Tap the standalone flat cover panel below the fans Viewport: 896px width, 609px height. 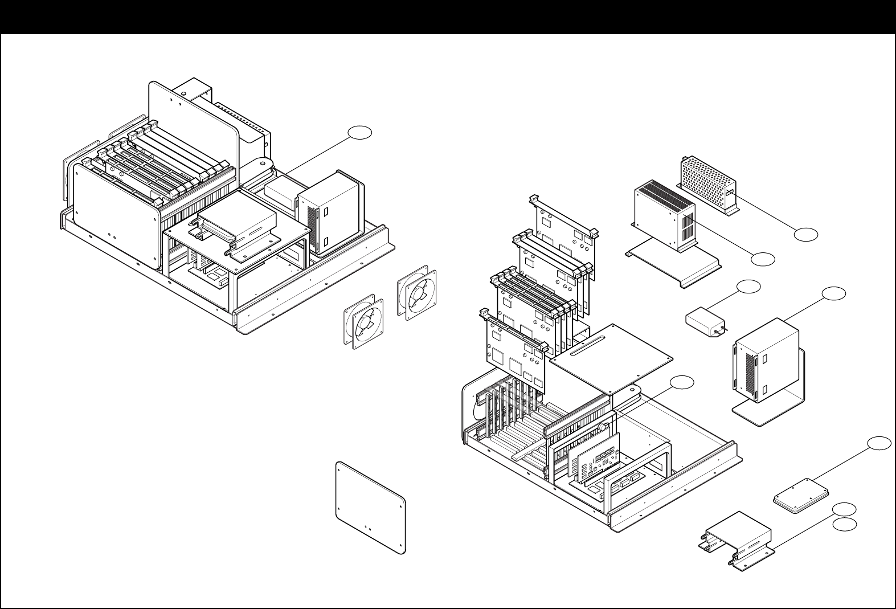tap(371, 507)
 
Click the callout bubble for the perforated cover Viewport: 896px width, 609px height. tap(806, 234)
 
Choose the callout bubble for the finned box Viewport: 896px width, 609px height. tap(763, 259)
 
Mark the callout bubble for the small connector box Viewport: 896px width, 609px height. tap(748, 287)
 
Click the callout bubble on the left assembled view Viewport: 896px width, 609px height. tap(360, 133)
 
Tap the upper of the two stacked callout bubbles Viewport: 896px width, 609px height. tap(844, 509)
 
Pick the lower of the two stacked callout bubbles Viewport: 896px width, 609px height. tap(844, 525)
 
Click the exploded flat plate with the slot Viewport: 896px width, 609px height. tap(611, 359)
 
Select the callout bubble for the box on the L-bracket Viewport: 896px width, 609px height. tap(833, 293)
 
